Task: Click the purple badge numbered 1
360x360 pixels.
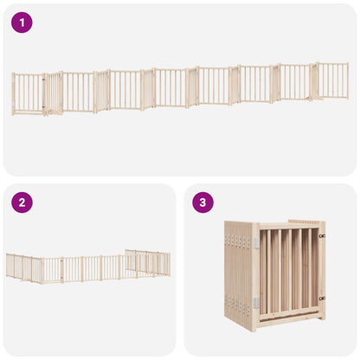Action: point(22,22)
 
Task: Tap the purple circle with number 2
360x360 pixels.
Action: point(22,202)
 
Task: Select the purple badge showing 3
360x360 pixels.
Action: point(202,202)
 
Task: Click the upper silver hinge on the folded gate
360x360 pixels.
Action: point(256,243)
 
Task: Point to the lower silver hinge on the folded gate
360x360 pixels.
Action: point(256,302)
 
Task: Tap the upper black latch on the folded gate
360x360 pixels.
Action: point(322,236)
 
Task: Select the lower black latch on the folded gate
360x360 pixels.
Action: point(322,299)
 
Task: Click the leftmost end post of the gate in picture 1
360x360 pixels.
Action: point(13,94)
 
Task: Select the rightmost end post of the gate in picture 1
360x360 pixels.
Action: point(348,80)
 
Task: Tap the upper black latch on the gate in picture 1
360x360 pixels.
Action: point(44,80)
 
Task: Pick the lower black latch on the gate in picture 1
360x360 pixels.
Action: point(44,107)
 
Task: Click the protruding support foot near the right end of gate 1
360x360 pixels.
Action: point(309,100)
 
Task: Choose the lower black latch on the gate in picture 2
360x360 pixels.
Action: point(61,279)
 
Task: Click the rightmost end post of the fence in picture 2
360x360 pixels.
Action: point(170,264)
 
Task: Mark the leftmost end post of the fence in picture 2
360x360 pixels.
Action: point(7,266)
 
